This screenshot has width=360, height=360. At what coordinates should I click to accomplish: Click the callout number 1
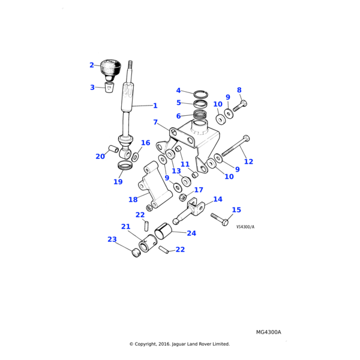pos(155,106)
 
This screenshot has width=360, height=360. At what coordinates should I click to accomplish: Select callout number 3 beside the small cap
pos(92,88)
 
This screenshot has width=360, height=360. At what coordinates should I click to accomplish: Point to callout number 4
pos(178,91)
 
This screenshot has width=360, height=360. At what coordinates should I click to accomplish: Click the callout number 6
pos(178,116)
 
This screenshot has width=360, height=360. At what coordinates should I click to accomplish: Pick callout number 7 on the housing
pos(155,122)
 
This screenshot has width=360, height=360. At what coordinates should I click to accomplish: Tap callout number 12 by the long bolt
pos(248,161)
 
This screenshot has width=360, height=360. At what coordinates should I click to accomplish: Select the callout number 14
pos(217,199)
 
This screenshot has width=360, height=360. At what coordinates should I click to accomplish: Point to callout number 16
pos(146,143)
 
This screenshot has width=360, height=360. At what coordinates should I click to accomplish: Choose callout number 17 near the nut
pos(199,190)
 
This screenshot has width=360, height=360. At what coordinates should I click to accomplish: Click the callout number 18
pos(133,200)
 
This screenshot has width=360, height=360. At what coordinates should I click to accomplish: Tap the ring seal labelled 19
pos(125,166)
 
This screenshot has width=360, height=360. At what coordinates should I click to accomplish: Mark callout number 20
pos(100,157)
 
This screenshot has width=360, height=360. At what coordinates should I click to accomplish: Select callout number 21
pos(125,226)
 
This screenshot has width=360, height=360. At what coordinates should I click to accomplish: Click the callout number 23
pos(112,239)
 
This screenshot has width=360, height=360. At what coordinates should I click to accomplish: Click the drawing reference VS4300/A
pos(245,227)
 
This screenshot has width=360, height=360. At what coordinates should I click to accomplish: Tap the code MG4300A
pos(268,332)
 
